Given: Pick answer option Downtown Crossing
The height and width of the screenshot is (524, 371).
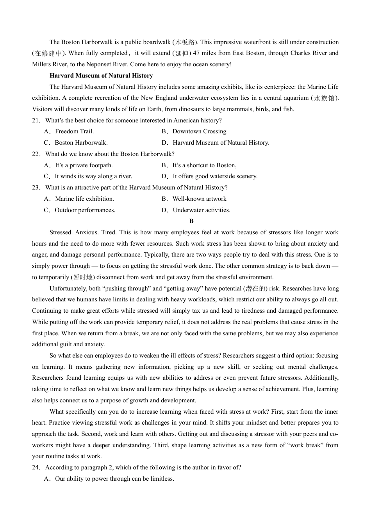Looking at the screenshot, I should (199, 131).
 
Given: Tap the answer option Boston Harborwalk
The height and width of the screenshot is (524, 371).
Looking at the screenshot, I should (81, 143).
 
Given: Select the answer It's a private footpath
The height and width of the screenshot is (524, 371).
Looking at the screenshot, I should (84, 165).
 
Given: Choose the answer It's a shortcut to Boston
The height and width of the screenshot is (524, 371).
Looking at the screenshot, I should (204, 165).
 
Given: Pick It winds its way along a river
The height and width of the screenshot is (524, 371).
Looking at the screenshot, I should (93, 176).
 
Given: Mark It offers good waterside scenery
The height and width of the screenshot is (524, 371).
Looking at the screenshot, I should (215, 176).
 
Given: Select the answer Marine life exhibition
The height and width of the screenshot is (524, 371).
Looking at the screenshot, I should (84, 199).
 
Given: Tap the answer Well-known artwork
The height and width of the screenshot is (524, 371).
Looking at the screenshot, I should (199, 199).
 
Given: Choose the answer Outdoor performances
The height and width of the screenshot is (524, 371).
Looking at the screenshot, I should (85, 210).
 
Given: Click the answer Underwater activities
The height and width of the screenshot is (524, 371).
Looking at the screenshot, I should (202, 210).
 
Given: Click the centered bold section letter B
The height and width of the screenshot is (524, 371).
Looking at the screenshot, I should (191, 221).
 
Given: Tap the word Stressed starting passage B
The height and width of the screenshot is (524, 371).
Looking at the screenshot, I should (61, 232).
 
